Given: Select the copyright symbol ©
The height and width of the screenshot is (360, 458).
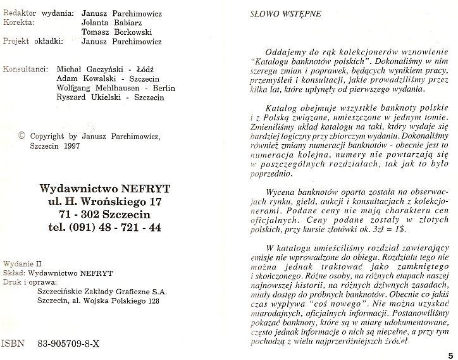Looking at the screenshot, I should pos(22,135).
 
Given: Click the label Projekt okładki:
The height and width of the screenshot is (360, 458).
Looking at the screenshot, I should pos(34,42).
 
